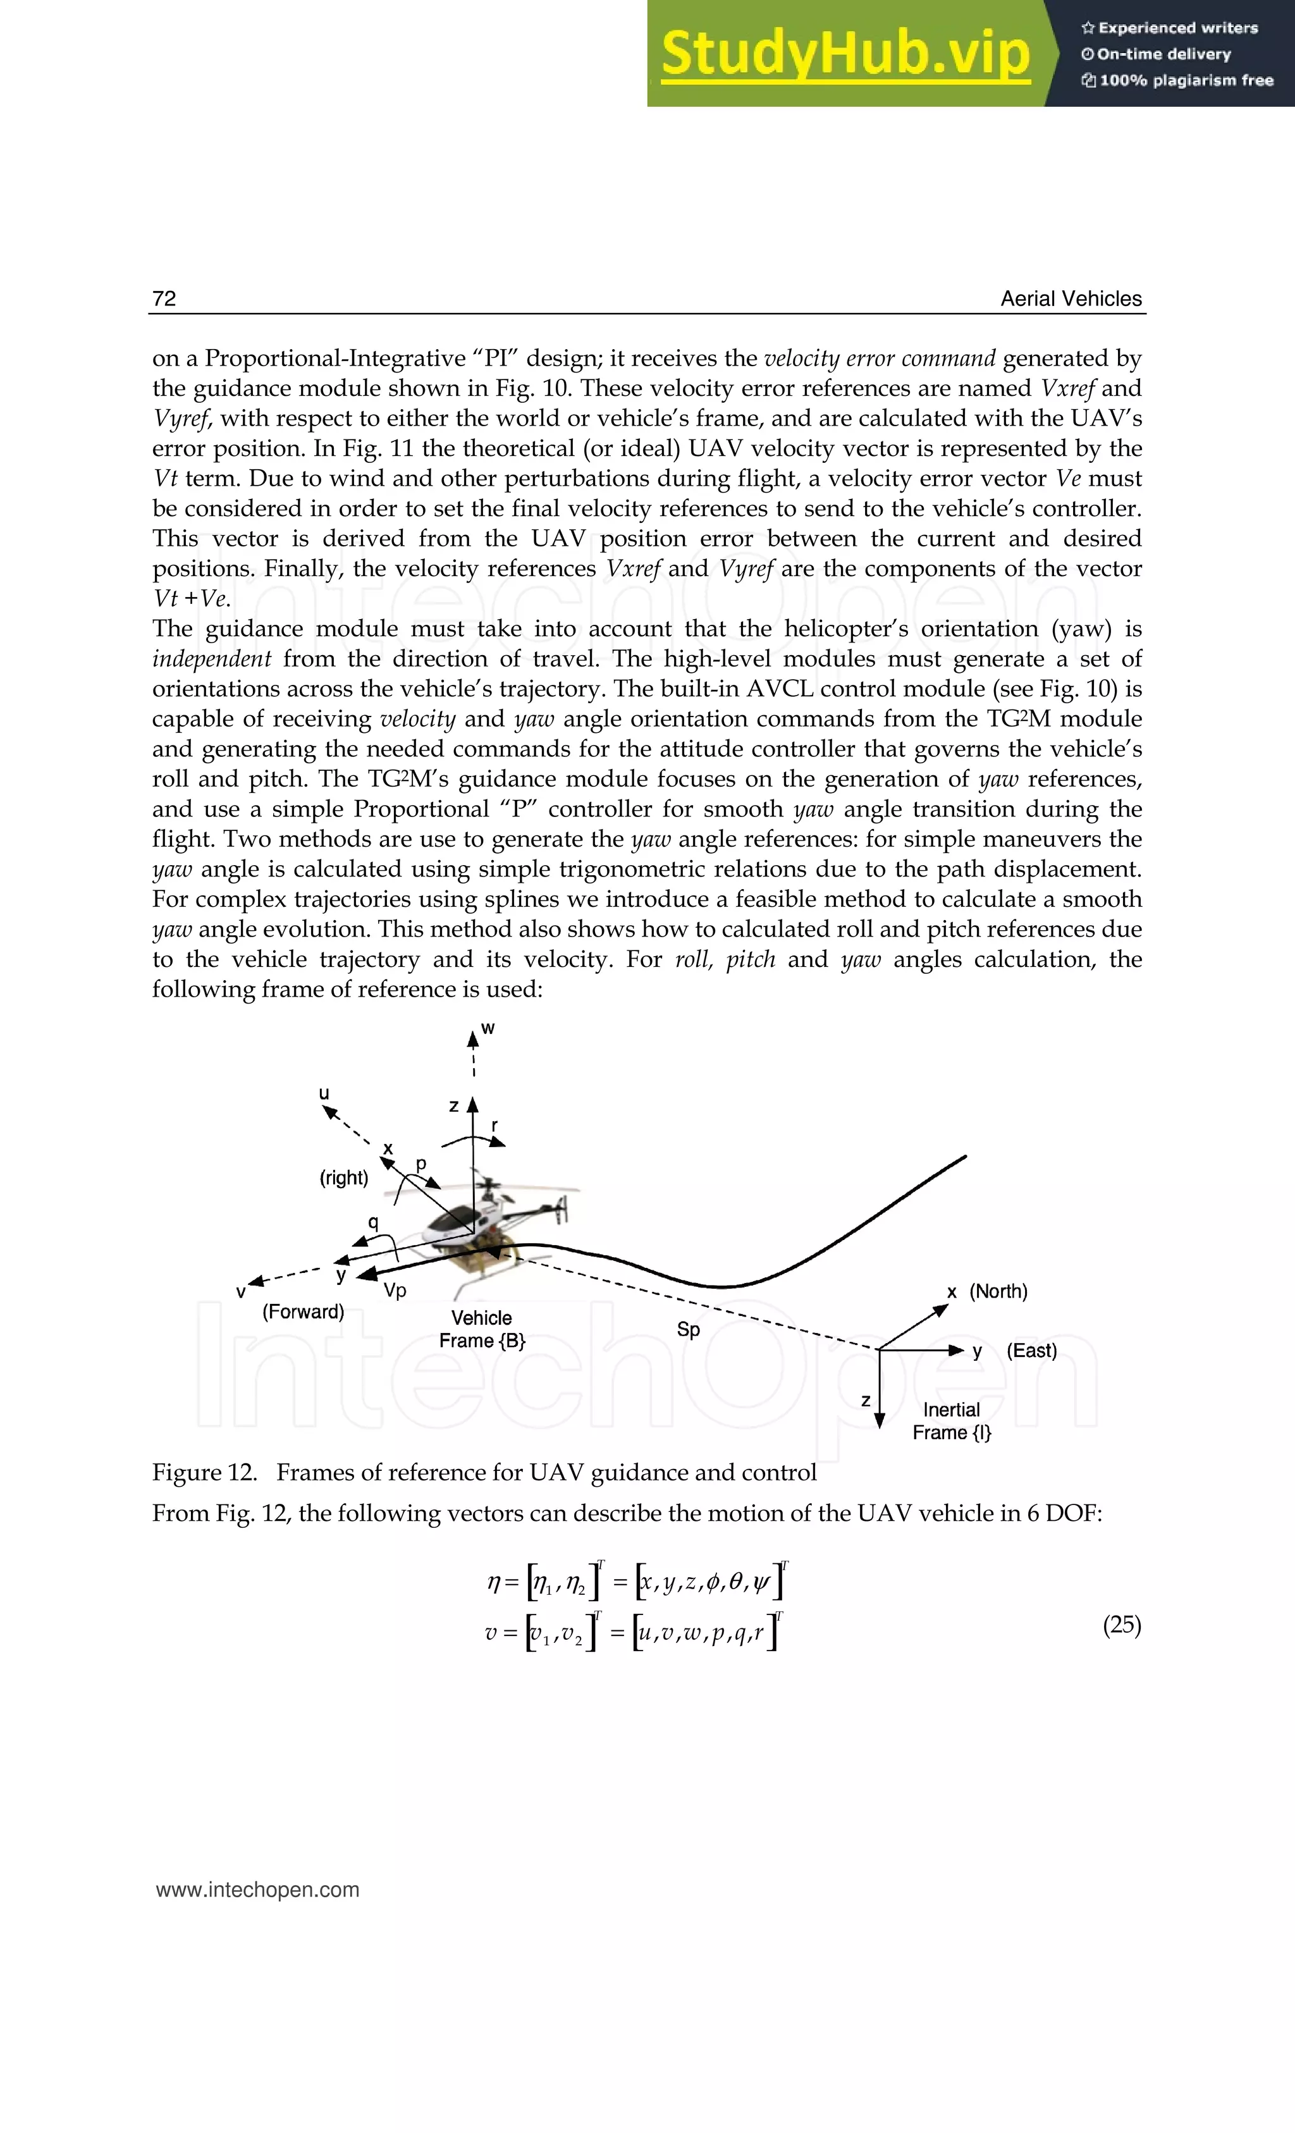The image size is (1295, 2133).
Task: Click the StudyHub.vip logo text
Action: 845,54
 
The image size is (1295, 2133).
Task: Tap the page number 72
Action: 164,298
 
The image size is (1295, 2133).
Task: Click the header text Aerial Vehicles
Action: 1071,298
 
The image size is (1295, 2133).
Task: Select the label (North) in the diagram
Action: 998,1291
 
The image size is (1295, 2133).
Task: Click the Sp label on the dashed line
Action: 688,1329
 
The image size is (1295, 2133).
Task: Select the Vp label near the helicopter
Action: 395,1291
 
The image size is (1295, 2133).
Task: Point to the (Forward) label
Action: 303,1312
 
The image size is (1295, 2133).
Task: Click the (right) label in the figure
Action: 343,1177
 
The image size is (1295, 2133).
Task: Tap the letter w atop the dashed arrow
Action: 488,1028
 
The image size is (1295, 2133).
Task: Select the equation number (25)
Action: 1122,1625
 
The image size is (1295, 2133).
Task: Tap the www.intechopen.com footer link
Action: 257,1890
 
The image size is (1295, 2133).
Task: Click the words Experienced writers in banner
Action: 1177,28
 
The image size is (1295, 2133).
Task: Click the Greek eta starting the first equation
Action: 493,1583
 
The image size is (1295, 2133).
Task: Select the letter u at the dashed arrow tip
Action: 324,1093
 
